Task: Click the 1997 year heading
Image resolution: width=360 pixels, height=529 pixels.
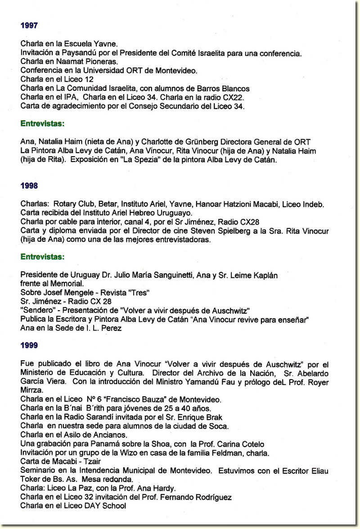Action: (29, 26)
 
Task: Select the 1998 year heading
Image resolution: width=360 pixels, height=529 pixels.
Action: (29, 185)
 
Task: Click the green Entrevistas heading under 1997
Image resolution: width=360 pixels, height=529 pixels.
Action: (42, 123)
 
